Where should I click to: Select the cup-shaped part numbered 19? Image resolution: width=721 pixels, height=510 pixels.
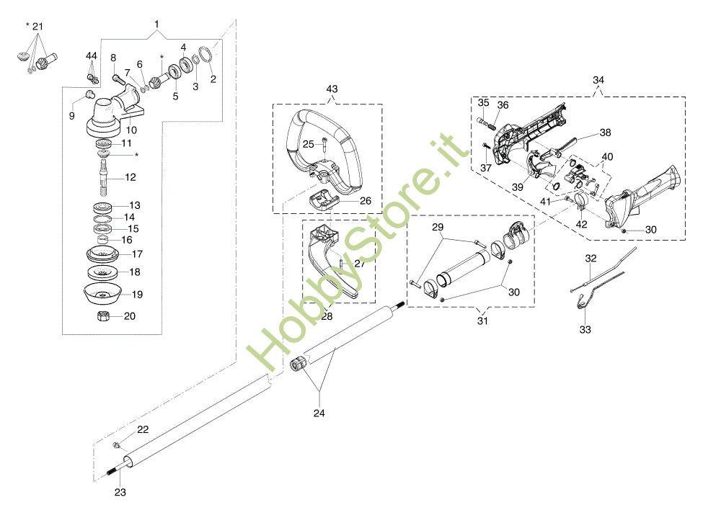[x=102, y=294]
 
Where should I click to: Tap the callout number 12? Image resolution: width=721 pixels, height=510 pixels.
[x=131, y=177]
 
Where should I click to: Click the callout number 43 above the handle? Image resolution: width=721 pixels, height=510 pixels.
[x=332, y=89]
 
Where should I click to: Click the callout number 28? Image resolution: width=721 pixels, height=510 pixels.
[x=327, y=316]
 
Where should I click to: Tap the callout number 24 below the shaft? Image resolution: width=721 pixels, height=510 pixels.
[x=319, y=413]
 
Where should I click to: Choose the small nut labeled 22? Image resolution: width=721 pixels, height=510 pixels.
[x=116, y=444]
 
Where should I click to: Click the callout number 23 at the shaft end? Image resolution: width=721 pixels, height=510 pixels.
[x=120, y=492]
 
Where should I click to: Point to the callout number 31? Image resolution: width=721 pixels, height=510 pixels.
[x=482, y=321]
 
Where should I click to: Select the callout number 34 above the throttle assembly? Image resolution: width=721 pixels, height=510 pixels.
[x=598, y=80]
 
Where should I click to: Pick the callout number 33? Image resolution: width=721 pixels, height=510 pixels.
[x=585, y=329]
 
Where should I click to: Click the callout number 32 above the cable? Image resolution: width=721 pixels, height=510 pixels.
[x=591, y=258]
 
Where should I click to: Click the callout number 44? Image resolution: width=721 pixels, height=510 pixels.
[x=92, y=55]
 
